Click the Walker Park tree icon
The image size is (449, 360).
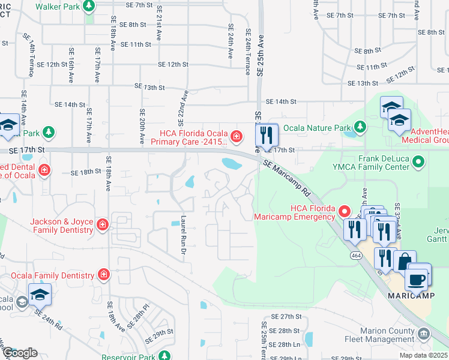click(x=89, y=6)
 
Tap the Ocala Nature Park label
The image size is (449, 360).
click(x=316, y=127)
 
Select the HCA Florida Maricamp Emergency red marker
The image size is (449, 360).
click(x=345, y=211)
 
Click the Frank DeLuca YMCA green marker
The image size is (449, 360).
click(x=420, y=161)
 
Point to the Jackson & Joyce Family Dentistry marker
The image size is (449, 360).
click(x=103, y=225)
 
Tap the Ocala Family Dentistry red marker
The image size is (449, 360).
click(x=104, y=275)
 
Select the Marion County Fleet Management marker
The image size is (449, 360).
click(x=423, y=333)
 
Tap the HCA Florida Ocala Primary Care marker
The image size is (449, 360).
click(x=237, y=137)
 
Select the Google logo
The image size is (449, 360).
click(x=20, y=352)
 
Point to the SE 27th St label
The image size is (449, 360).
click(x=285, y=316)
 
